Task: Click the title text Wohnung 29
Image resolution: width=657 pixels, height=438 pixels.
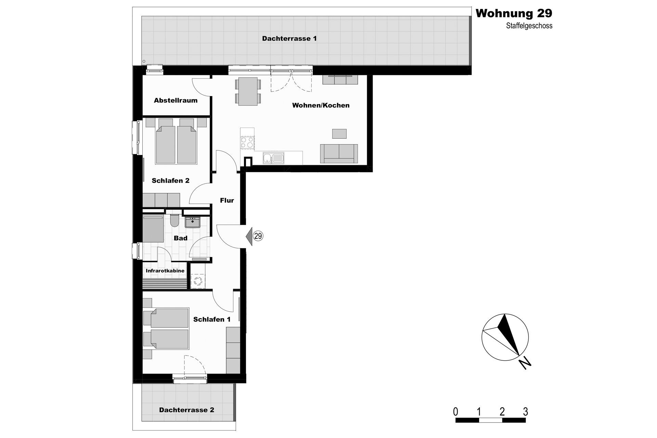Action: click(514, 13)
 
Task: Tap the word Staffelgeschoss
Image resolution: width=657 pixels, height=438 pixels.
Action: click(529, 26)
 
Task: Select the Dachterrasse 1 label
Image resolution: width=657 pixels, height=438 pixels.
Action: click(289, 38)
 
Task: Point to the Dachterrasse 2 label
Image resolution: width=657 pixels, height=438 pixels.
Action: click(186, 410)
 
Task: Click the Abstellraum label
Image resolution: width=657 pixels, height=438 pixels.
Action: click(176, 100)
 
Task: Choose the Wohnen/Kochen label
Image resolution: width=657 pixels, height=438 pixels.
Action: click(321, 105)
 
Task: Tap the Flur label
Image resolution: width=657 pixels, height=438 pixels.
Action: click(227, 201)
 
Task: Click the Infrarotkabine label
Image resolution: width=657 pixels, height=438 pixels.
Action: click(165, 271)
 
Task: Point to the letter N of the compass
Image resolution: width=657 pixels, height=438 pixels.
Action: click(525, 363)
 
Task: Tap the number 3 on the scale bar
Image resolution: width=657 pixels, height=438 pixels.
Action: click(526, 412)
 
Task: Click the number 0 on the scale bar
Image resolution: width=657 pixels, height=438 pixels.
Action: click(455, 412)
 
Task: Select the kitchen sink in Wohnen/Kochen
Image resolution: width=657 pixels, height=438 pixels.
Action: click(273, 158)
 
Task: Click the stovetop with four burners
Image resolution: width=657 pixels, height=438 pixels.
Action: click(247, 142)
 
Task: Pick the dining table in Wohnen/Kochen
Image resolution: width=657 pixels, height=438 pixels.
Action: click(248, 91)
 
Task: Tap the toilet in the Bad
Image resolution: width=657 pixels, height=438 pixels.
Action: click(174, 221)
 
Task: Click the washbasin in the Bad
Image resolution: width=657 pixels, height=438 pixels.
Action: click(192, 222)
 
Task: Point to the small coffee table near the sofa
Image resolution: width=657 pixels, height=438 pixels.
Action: click(339, 133)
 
